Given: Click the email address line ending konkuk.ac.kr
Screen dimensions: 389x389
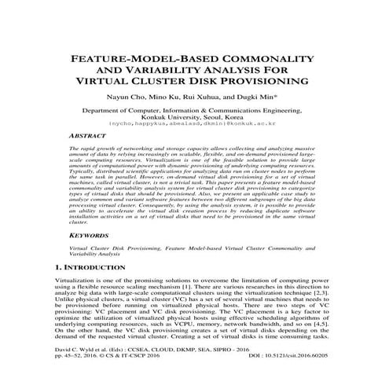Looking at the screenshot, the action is (x=193, y=124).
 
